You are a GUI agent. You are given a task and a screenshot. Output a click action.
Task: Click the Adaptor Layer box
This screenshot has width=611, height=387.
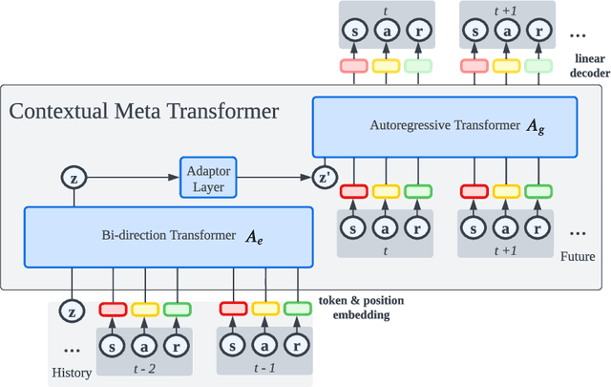[208, 177]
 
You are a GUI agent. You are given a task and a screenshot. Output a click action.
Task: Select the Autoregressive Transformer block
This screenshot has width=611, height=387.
[446, 125]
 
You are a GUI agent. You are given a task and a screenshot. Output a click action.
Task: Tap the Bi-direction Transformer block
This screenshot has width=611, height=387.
[169, 235]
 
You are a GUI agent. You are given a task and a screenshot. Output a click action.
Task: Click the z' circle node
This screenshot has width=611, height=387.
[326, 177]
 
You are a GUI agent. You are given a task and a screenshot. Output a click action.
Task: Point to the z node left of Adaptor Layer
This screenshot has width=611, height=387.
[74, 177]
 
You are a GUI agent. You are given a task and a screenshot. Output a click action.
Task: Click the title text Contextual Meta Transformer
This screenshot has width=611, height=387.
[144, 111]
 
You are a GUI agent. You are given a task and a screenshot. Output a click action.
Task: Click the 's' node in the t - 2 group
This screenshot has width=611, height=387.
[114, 344]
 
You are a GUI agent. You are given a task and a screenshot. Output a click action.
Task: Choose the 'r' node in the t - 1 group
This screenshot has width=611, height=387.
[297, 344]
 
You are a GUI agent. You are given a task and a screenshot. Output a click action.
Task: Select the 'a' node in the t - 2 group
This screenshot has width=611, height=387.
[145, 344]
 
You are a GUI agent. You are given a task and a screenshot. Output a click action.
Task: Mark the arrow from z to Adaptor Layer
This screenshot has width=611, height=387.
[130, 177]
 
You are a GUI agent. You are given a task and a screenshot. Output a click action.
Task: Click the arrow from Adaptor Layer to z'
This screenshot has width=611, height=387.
[275, 177]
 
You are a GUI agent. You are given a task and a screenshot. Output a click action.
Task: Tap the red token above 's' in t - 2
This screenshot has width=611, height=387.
[114, 309]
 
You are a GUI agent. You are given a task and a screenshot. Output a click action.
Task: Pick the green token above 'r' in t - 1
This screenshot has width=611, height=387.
[297, 309]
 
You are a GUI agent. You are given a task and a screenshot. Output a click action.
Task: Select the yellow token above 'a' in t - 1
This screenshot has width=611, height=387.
[265, 309]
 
